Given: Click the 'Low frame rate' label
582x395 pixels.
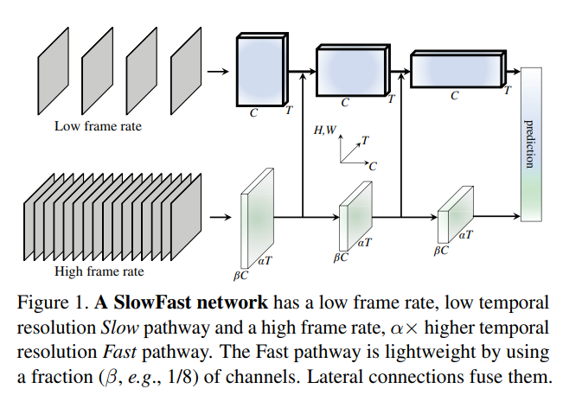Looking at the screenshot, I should tap(98, 126).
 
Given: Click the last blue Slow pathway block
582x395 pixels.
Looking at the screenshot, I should tap(456, 69).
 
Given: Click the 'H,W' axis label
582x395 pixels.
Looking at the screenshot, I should tap(326, 130).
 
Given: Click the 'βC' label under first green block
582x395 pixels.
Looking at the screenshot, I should tap(241, 274).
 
